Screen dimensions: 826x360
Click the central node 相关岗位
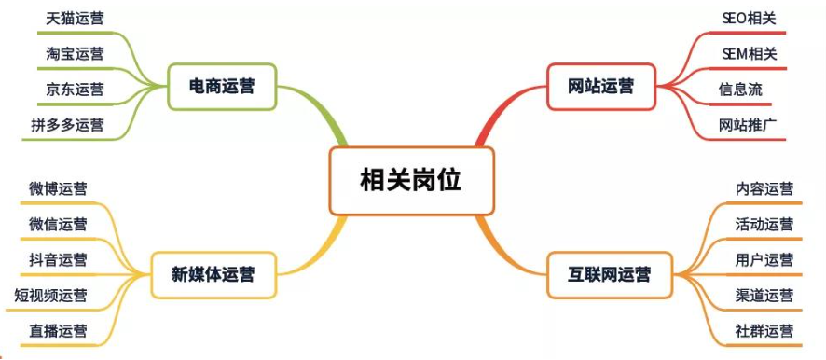point(411,180)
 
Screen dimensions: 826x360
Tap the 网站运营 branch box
point(600,86)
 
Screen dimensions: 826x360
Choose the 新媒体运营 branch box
point(213,274)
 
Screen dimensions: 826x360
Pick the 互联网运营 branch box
point(610,274)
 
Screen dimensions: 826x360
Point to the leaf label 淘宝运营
point(75,53)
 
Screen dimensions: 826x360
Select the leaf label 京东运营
point(75,89)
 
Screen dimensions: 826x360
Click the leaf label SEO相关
point(749,18)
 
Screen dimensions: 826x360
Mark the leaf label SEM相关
point(749,53)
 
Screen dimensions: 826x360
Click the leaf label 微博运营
point(58,188)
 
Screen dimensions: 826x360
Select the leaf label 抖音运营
point(58,259)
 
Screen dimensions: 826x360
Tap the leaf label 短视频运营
point(50,295)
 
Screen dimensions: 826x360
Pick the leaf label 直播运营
point(58,330)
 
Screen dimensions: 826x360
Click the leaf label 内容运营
point(764,188)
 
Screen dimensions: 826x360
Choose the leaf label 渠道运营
point(764,295)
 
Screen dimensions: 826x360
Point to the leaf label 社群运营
point(764,330)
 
